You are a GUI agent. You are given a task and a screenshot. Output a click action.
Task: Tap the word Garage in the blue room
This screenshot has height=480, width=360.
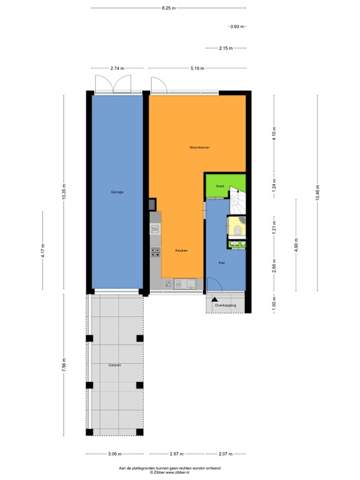point(117,192)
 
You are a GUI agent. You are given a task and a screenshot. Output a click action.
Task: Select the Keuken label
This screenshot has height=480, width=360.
point(181,250)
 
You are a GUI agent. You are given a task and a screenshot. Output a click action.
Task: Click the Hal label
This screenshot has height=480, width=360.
point(222,263)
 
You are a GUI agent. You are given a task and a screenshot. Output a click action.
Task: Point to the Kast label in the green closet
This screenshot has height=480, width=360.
point(220,186)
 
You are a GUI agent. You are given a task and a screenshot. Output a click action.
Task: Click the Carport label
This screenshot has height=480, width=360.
point(114,364)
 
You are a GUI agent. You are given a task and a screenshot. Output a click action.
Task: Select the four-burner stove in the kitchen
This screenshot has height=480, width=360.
point(155,253)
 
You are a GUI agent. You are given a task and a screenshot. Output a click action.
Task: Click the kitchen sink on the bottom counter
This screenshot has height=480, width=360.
point(186,284)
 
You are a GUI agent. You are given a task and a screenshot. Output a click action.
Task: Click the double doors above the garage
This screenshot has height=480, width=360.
point(112,84)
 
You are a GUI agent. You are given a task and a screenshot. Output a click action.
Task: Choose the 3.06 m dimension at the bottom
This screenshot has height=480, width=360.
point(114,454)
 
